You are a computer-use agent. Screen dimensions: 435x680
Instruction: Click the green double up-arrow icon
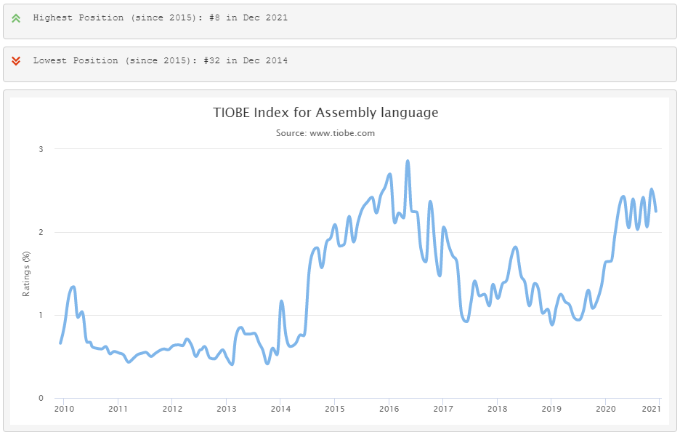point(16,17)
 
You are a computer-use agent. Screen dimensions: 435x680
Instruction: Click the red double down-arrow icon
point(16,60)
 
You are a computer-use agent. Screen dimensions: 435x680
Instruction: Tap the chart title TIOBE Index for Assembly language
point(325,113)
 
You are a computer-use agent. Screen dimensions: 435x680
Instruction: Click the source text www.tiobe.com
point(342,133)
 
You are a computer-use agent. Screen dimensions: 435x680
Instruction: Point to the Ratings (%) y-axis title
point(27,274)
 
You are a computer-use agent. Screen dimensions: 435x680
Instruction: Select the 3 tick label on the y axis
point(41,149)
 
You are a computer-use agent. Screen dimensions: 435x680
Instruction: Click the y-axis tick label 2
point(41,232)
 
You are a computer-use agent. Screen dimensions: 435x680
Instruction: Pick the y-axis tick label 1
point(41,315)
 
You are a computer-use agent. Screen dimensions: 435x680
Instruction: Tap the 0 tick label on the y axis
point(41,398)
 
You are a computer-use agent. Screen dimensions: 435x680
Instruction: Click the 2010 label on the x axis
point(63,409)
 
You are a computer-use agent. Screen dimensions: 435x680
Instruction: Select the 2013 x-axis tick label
point(226,409)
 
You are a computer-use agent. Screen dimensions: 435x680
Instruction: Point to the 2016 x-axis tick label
point(389,409)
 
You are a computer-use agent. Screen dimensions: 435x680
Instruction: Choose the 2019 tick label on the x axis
point(551,409)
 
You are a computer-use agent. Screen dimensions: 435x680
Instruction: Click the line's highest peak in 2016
point(408,161)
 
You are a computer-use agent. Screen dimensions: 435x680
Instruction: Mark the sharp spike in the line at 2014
point(281,301)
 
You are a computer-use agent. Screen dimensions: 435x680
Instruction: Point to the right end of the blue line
point(656,211)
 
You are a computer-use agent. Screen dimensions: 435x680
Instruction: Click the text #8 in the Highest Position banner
point(214,17)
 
